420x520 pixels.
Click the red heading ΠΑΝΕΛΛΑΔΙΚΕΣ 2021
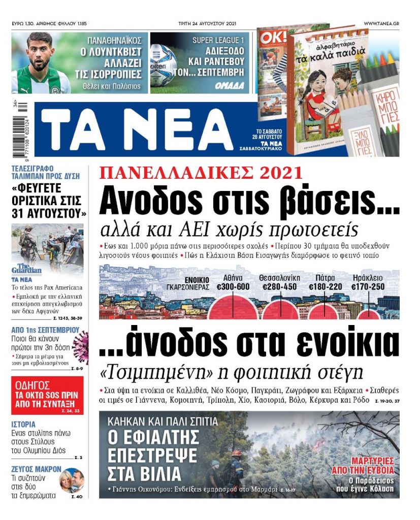tap(200, 173)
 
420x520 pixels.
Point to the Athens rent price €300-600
tap(233, 287)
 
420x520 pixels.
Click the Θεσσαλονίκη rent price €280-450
tap(279, 287)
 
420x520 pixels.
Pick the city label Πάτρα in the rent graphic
tap(325, 278)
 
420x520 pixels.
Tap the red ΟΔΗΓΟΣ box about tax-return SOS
tap(47, 395)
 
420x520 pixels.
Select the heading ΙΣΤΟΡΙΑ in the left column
tap(23, 424)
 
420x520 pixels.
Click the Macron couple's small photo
tap(72, 480)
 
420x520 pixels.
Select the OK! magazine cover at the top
tap(273, 81)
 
